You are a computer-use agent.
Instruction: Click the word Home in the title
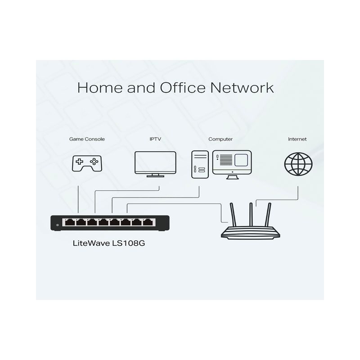(x=100, y=87)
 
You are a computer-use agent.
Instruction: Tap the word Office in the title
(x=183, y=87)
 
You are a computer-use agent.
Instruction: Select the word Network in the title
(x=242, y=87)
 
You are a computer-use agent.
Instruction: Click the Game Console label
(x=87, y=139)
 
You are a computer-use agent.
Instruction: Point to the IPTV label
(x=155, y=139)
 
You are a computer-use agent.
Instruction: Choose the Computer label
(x=220, y=139)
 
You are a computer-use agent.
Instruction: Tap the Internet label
(x=297, y=139)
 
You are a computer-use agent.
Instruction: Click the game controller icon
(x=87, y=163)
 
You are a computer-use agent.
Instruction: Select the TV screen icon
(x=155, y=164)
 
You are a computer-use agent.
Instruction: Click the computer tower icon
(x=200, y=164)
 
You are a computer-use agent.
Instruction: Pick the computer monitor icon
(x=232, y=165)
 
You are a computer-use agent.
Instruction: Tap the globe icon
(x=298, y=164)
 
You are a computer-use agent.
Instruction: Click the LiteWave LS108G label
(x=109, y=243)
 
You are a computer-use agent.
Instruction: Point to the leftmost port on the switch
(x=69, y=222)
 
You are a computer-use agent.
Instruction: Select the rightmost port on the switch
(x=148, y=222)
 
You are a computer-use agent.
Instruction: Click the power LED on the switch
(x=58, y=225)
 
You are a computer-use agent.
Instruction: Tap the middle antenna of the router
(x=251, y=215)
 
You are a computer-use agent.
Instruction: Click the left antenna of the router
(x=233, y=215)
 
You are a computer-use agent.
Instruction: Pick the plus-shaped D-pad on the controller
(x=80, y=162)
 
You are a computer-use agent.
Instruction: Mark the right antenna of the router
(x=268, y=215)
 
